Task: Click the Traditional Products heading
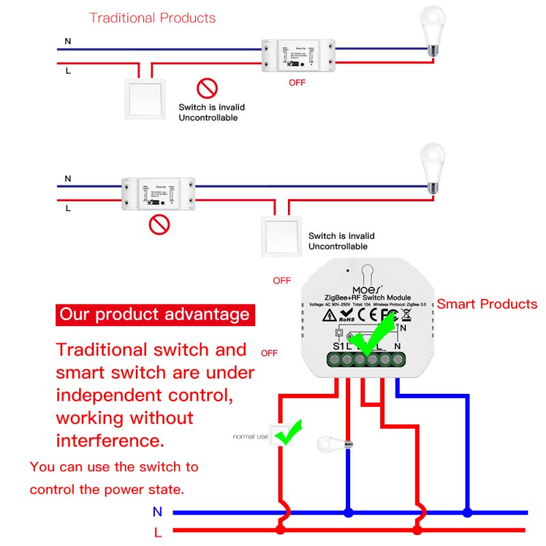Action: tap(152, 18)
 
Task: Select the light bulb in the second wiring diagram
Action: tap(431, 164)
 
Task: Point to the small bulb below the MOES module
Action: tap(332, 445)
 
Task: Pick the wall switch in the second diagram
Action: tap(279, 236)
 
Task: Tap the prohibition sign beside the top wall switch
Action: tap(207, 88)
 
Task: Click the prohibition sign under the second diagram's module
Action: tap(159, 225)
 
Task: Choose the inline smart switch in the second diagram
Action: tap(158, 195)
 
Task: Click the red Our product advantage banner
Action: tap(155, 315)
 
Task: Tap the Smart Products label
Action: tap(487, 304)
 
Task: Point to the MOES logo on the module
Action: tap(367, 288)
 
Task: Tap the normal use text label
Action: tap(250, 436)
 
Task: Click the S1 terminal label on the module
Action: tap(339, 346)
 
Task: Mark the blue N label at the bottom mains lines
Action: tap(158, 511)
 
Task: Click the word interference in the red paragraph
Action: tap(110, 440)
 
